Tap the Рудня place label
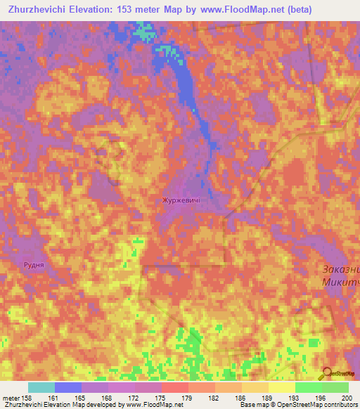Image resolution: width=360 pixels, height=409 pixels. pos(33,265)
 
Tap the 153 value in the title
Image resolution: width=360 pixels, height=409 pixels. pos(126,9)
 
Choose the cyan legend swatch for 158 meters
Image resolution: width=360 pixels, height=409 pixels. pos(41,387)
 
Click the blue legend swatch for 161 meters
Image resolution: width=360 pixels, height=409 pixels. pos(67,387)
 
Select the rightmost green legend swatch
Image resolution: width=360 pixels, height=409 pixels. pos(335,387)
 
